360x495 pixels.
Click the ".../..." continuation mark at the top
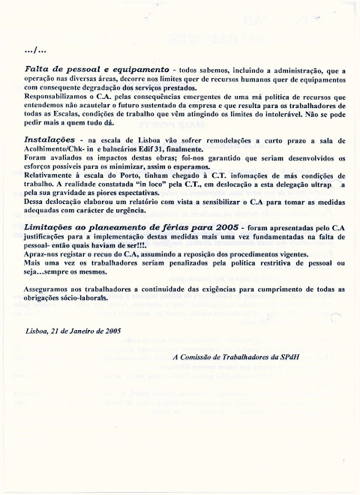coord(34,51)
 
